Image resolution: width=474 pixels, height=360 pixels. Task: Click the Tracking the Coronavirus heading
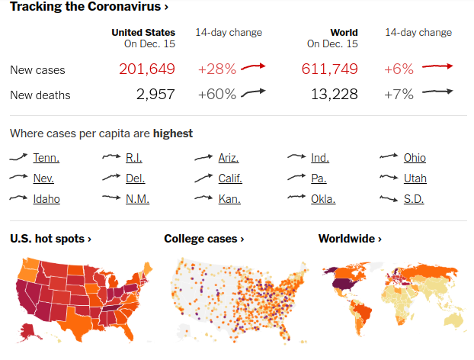coord(89,6)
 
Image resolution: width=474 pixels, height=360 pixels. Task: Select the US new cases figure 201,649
coord(147,69)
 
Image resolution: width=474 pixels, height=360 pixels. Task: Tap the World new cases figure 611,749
coord(329,69)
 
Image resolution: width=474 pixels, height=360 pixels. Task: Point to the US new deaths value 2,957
coord(155,94)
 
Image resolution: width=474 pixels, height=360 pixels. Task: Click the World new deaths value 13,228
coord(335,94)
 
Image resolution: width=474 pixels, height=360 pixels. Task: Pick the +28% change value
coord(217,69)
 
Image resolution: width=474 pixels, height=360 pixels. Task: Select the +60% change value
coord(217,94)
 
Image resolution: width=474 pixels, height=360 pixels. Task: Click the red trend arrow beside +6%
coord(437,66)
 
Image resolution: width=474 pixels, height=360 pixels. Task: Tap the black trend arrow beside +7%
coord(437,92)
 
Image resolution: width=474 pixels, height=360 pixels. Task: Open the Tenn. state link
coord(46,158)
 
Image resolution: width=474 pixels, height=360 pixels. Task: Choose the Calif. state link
coord(230,178)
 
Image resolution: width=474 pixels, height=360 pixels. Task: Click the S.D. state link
coord(414,199)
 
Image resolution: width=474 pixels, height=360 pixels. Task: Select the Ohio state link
coord(415,158)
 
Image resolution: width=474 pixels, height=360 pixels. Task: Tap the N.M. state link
coord(137,199)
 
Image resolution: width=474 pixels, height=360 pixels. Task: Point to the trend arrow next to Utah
coord(389,177)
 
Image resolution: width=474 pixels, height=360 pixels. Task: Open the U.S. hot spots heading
coord(50,239)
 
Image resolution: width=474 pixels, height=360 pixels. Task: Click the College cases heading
coord(204,239)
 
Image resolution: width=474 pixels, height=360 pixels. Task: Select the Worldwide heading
coord(350,239)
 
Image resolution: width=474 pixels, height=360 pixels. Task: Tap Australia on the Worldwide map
coord(453,321)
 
